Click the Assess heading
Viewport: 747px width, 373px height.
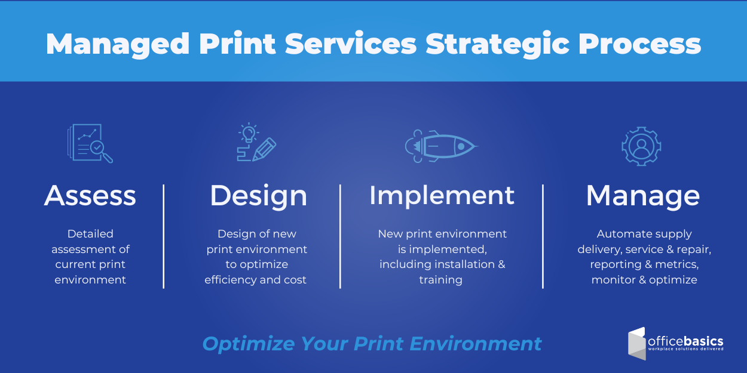[x=90, y=196]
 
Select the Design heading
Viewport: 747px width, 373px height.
[x=258, y=196]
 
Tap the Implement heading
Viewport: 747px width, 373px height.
[x=442, y=196]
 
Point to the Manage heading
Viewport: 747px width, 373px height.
[x=642, y=196]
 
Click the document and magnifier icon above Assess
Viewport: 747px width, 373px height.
[x=90, y=143]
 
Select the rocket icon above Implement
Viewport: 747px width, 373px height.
[x=441, y=146]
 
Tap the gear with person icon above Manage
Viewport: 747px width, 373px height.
[x=641, y=146]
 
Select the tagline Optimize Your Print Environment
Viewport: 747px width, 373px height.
[x=372, y=344]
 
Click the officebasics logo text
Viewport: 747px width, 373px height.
[x=685, y=342]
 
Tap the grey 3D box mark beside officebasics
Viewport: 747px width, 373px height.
[x=637, y=344]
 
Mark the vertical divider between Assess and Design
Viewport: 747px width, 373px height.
[x=164, y=236]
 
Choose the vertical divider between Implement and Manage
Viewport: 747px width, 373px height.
[x=543, y=236]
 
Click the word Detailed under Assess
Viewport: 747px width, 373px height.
[x=90, y=234]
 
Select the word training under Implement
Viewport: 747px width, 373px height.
[x=440, y=280]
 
